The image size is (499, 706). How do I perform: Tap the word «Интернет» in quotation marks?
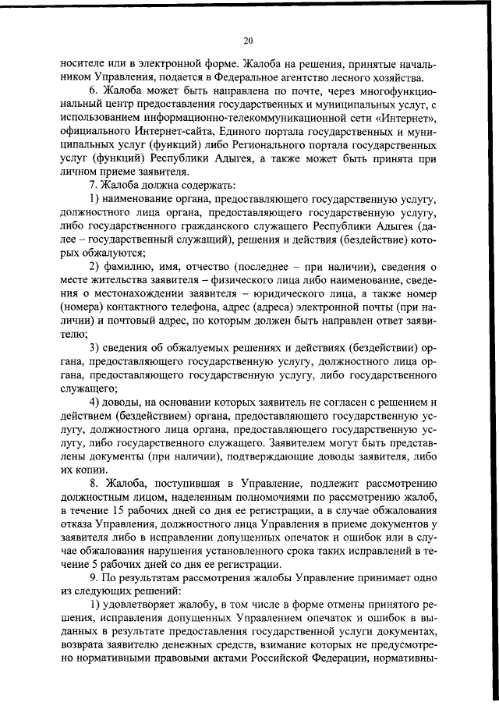coord(409,117)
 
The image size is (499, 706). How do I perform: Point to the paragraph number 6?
coord(92,90)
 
